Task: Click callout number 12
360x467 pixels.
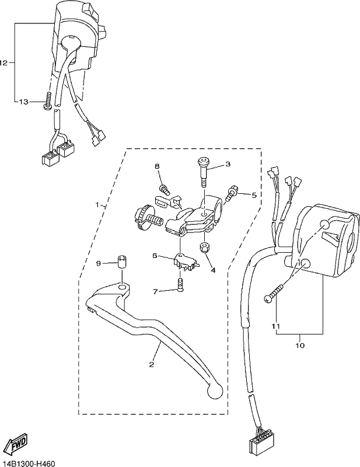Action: click(x=4, y=63)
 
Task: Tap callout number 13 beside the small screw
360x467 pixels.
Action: click(x=23, y=102)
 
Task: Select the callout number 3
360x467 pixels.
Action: click(x=228, y=164)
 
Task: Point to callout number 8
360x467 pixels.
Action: click(x=157, y=166)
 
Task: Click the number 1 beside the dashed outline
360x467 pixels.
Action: click(x=97, y=205)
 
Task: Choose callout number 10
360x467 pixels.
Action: click(x=300, y=346)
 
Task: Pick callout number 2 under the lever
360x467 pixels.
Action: click(x=152, y=364)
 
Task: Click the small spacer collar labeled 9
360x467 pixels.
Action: click(x=121, y=262)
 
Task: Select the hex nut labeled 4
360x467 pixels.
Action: click(x=204, y=247)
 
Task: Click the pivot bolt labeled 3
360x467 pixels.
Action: click(x=204, y=172)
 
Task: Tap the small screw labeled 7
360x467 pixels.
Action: click(x=180, y=285)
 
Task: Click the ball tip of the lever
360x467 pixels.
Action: click(x=215, y=391)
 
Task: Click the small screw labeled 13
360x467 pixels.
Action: click(x=48, y=100)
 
